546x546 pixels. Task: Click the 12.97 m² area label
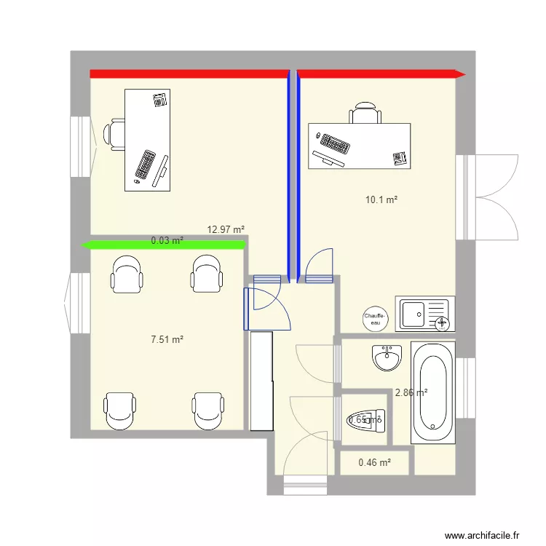point(226,229)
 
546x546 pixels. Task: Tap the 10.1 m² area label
point(381,199)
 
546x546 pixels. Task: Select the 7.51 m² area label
point(167,339)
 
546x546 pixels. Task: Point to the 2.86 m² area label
point(411,392)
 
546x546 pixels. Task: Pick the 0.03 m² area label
point(167,240)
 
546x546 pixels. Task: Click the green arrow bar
point(165,245)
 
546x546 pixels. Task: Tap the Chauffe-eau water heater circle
point(376,317)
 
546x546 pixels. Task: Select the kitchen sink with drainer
point(425,314)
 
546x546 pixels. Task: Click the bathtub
point(432,392)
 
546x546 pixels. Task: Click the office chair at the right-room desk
point(365,114)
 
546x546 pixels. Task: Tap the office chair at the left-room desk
point(114,134)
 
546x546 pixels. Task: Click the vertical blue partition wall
point(293,175)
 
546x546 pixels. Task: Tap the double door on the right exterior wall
point(486,197)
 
